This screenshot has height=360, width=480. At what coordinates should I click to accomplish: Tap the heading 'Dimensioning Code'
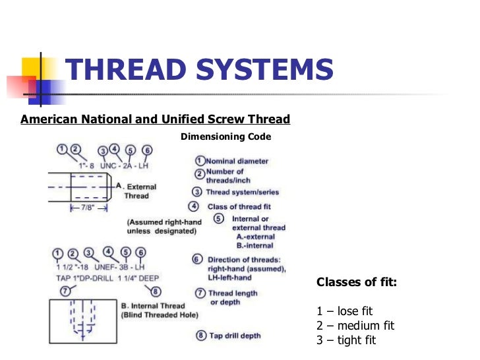(225, 137)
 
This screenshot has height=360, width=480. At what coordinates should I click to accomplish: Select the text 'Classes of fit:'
(357, 283)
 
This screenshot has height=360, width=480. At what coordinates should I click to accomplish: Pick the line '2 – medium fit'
(355, 326)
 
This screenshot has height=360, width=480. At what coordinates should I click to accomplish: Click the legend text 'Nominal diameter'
(237, 161)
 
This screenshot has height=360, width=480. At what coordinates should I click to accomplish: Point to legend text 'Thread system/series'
(242, 193)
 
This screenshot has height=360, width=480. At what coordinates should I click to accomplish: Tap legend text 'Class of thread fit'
(239, 206)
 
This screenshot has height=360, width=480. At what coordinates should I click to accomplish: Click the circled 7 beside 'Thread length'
(198, 293)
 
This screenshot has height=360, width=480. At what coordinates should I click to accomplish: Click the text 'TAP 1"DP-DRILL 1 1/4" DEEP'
(105, 278)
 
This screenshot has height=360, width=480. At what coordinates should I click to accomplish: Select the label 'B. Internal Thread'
(152, 306)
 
